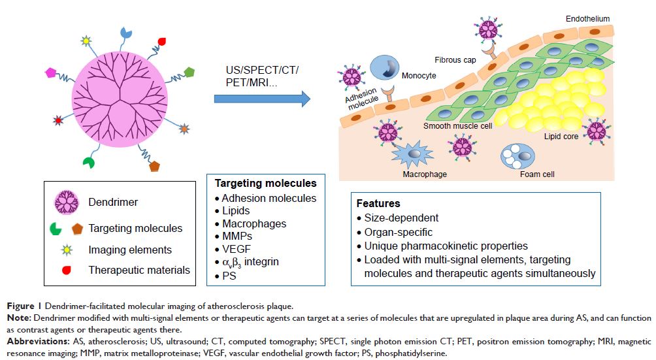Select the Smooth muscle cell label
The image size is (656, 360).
coord(457,126)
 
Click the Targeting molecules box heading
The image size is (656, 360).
coord(265,183)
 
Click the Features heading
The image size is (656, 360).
coord(378,203)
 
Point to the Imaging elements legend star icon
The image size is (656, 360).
coord(65,250)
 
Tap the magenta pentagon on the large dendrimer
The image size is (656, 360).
coord(48,73)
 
